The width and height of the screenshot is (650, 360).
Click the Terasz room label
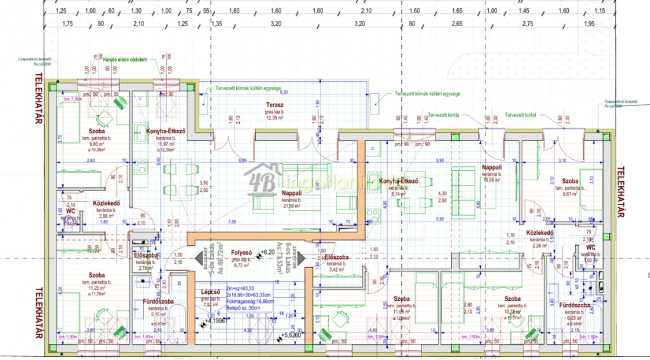coord(274,104)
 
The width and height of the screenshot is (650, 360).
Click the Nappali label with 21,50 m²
coord(291,193)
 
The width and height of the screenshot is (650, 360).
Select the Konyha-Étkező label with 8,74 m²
coord(399,182)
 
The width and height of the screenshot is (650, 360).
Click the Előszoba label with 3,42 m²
coord(336,257)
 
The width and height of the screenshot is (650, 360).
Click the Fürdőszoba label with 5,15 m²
coord(155,301)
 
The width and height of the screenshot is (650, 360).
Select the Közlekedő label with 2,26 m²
coord(541,233)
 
